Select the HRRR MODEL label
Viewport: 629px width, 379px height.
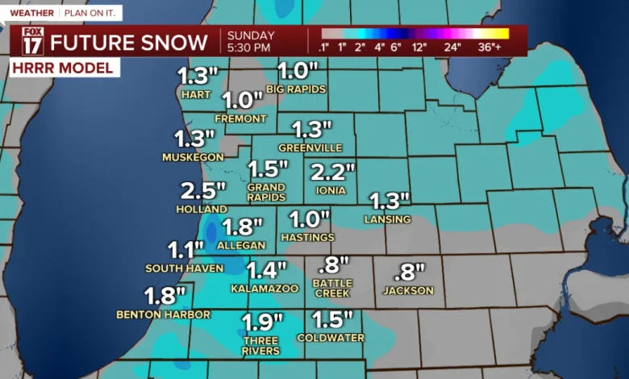click(x=63, y=69)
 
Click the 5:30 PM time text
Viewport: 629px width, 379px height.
click(x=249, y=48)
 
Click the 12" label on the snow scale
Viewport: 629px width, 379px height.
click(x=419, y=47)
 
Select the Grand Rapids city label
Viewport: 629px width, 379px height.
click(x=266, y=192)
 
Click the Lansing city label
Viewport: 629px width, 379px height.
click(x=389, y=219)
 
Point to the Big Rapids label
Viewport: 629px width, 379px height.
click(x=296, y=89)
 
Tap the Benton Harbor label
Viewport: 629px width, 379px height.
click(x=164, y=314)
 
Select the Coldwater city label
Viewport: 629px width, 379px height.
click(x=331, y=338)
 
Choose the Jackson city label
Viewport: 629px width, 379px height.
click(x=408, y=290)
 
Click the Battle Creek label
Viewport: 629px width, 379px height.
click(x=332, y=288)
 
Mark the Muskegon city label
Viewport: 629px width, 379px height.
click(x=193, y=156)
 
